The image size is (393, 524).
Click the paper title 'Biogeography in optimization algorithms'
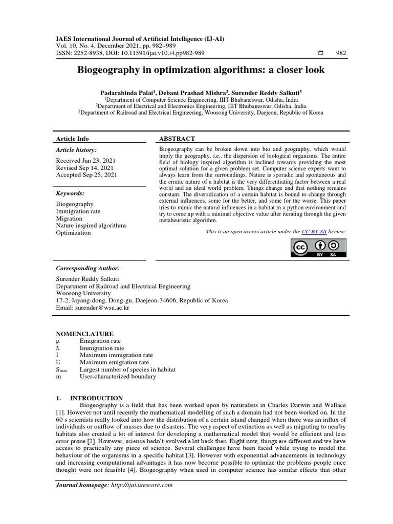click(x=201, y=70)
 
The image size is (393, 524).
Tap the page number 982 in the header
click(x=341, y=53)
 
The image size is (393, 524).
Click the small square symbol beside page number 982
click(x=321, y=53)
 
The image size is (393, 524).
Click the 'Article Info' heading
click(x=72, y=139)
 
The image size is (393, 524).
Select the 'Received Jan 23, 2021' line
click(x=85, y=160)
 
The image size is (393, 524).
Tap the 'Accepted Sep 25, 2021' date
click(x=86, y=174)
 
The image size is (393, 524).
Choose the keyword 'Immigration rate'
click(x=78, y=211)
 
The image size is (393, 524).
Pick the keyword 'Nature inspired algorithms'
click(x=91, y=225)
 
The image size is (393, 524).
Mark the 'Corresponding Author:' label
click(x=88, y=268)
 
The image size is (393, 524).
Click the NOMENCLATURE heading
click(x=84, y=334)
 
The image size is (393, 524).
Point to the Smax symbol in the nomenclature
click(x=61, y=369)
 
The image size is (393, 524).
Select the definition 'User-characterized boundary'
click(x=118, y=377)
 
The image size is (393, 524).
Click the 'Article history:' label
click(x=77, y=150)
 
